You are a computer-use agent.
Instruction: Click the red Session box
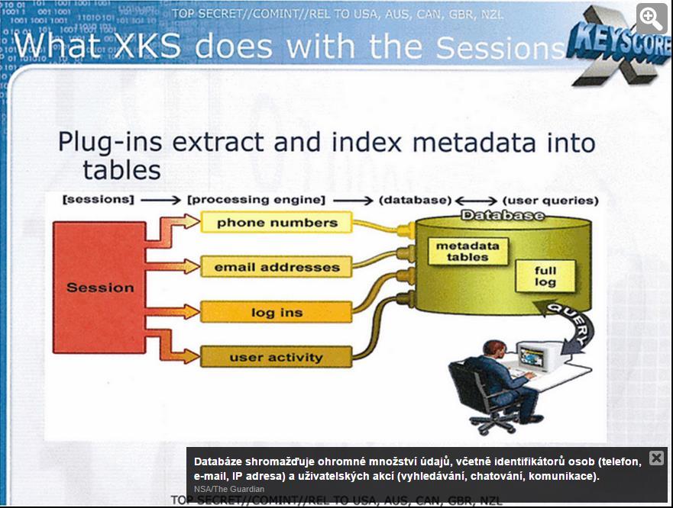99,288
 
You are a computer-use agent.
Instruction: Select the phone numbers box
277,223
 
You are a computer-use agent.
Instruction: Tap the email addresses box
277,267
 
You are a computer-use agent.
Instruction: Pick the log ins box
277,312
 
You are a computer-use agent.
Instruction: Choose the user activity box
277,357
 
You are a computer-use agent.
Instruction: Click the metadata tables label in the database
468,251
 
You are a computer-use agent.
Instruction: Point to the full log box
545,276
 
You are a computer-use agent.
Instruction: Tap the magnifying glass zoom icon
651,18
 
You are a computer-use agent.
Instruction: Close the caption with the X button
656,458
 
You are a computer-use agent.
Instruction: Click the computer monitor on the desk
535,355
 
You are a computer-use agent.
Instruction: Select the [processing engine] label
256,200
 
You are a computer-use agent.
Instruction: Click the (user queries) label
550,200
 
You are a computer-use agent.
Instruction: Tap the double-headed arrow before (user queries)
476,200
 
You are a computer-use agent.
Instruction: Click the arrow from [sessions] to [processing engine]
160,200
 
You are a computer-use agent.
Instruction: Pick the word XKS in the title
148,46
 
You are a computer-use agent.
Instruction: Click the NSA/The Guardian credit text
229,489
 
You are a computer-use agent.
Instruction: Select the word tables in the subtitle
121,170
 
